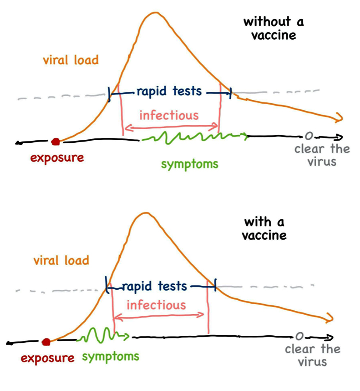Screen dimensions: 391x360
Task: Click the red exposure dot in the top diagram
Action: click(55, 142)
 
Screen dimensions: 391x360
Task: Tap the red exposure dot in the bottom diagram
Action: click(46, 342)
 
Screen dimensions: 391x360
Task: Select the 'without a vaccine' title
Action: click(273, 29)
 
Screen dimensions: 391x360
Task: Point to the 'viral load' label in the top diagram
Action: click(70, 61)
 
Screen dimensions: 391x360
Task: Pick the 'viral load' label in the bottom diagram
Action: click(61, 260)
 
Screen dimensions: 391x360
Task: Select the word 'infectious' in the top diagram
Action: click(169, 115)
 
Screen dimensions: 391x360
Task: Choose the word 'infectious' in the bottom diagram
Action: click(156, 304)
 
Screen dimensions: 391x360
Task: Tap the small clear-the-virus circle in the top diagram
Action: click(308, 136)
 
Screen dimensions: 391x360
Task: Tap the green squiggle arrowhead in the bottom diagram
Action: click(128, 335)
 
